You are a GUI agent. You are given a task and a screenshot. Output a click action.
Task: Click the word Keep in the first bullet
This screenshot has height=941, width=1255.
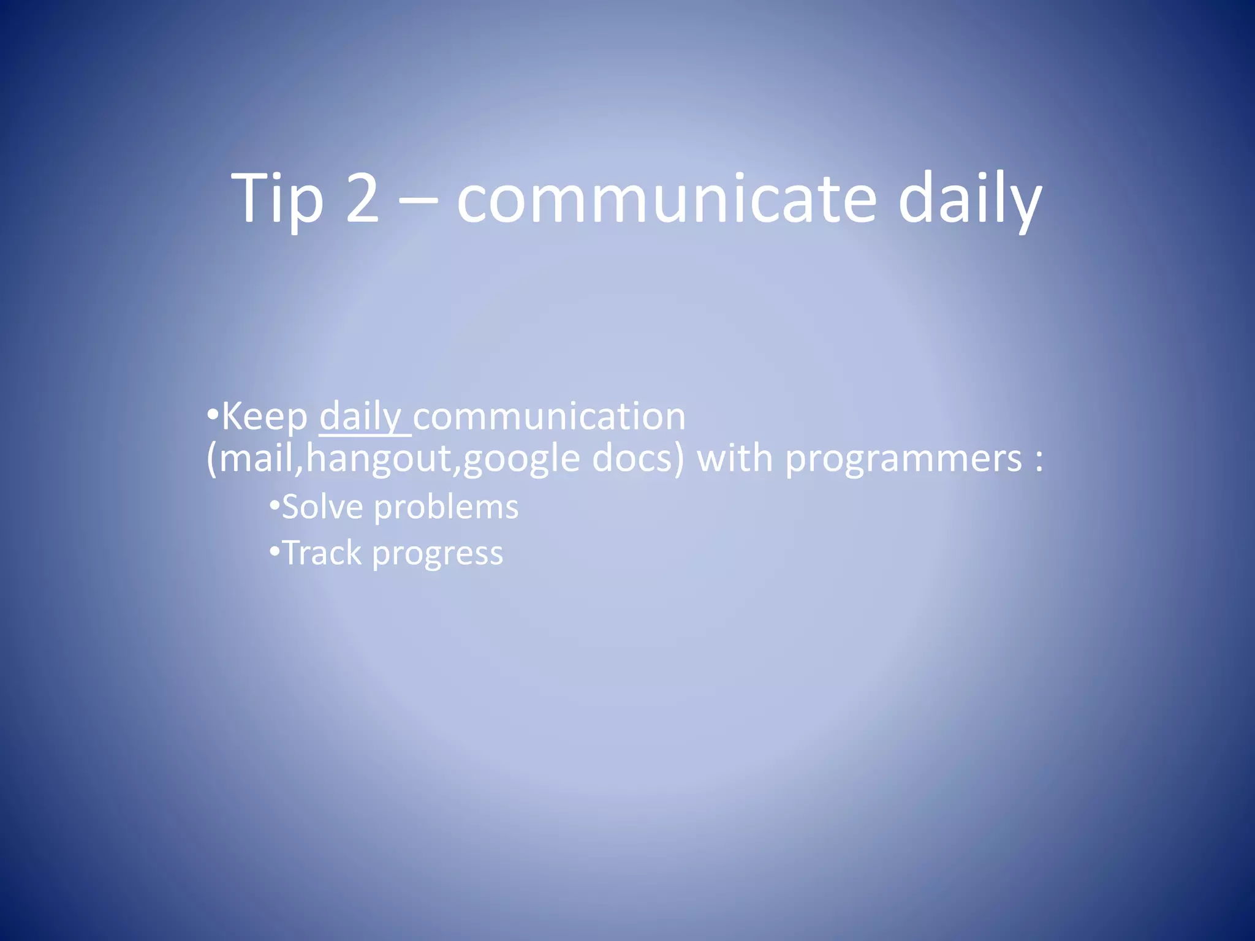[x=265, y=417]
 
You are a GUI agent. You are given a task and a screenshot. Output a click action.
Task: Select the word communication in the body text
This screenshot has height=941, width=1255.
[x=550, y=417]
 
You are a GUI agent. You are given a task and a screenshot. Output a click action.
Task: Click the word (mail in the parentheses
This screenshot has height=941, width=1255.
[x=251, y=459]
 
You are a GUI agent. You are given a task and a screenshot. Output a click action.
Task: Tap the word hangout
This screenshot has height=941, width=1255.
[x=378, y=459]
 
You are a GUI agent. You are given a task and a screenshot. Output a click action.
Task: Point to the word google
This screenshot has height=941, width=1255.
[x=521, y=459]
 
